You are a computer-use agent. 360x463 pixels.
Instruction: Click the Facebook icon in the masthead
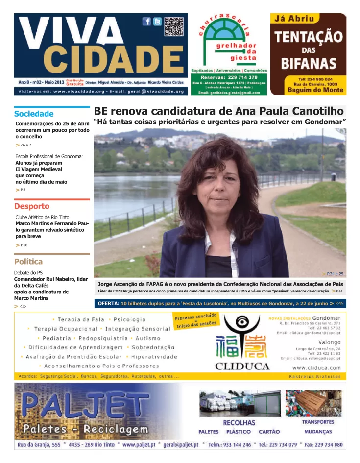(x=146, y=21)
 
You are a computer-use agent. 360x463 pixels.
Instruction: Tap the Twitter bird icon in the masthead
(x=157, y=21)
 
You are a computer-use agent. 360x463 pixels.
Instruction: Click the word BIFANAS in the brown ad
(x=309, y=63)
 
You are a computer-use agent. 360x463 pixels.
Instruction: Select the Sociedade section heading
(x=34, y=114)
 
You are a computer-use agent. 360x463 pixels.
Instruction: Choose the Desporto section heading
(x=32, y=206)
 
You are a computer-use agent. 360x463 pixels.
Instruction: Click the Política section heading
(x=28, y=261)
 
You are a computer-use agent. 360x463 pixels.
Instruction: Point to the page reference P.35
(x=23, y=306)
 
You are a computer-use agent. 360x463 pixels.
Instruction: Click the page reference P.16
(x=24, y=245)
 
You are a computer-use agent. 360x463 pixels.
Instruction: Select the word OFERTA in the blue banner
(x=109, y=304)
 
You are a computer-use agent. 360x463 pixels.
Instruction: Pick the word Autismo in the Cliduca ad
(x=148, y=338)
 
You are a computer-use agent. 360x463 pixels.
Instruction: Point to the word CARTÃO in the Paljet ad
(x=269, y=432)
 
